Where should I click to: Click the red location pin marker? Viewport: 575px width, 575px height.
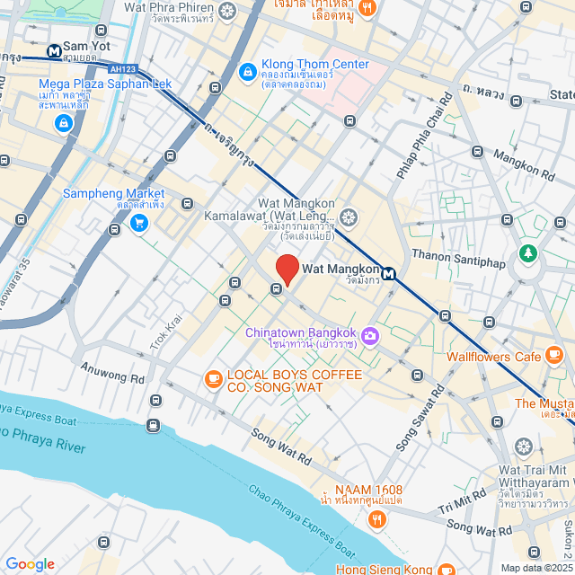287,269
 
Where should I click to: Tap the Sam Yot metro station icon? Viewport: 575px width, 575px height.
55,51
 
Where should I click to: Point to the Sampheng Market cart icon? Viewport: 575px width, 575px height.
139,223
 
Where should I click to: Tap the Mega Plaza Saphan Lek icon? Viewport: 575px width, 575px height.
64,123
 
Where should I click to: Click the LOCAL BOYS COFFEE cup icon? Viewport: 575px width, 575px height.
213,379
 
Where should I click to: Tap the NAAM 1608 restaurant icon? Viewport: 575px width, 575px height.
376,517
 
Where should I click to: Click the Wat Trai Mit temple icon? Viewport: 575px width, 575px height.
525,447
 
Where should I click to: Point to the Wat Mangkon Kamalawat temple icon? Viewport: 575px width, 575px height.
348,216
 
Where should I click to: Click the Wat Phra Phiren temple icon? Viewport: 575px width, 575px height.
227,11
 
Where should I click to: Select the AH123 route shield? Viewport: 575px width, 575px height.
122,69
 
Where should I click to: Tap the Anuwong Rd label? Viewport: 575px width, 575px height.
112,373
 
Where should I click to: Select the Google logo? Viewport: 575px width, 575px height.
30,564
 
